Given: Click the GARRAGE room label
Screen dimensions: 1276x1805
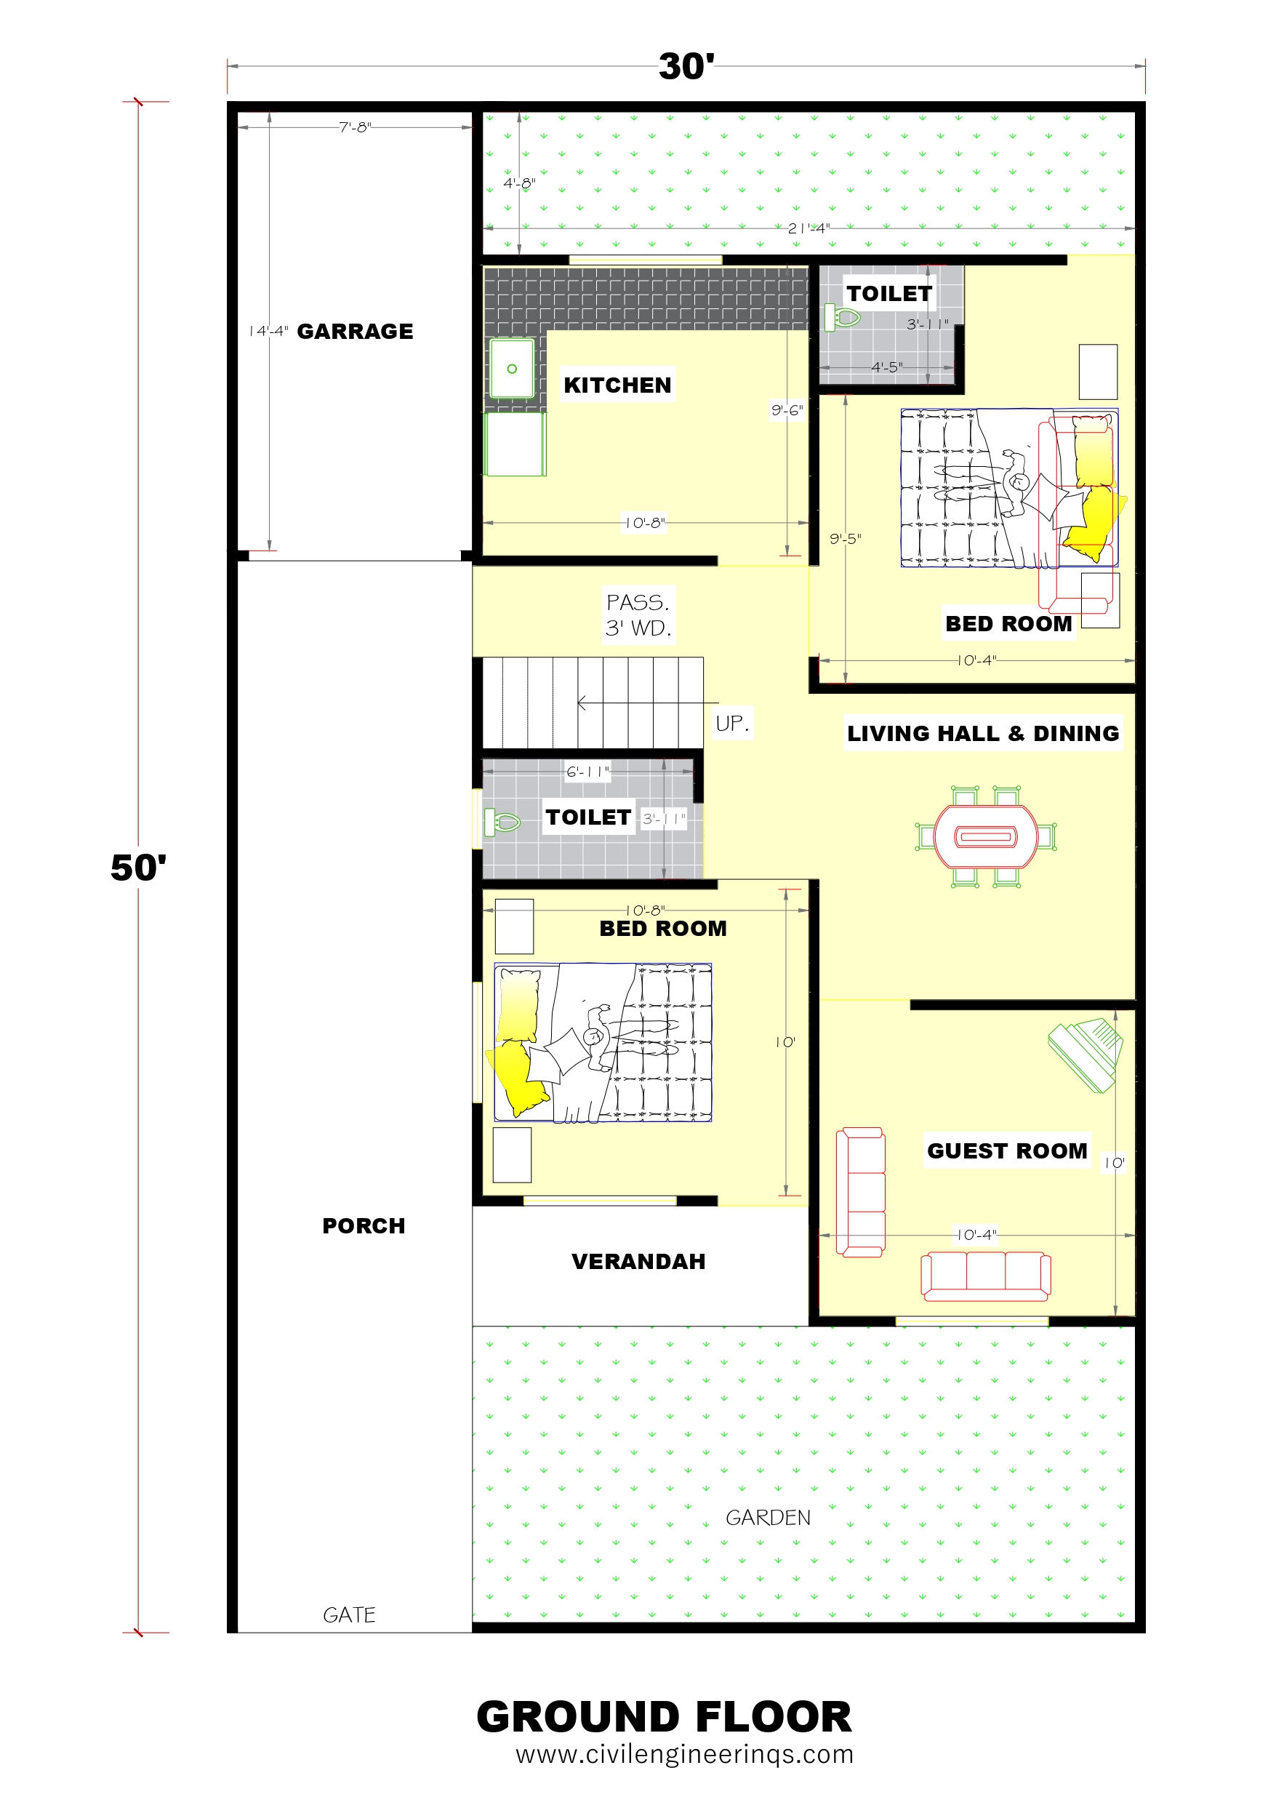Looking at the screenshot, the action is pos(355,331).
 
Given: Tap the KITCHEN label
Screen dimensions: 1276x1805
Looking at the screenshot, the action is pos(617,385).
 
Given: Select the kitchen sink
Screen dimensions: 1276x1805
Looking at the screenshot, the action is pos(512,369).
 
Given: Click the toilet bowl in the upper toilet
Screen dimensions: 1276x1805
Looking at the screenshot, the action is pos(842,318).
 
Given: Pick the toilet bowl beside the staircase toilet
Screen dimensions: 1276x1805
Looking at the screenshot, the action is pos(502,823).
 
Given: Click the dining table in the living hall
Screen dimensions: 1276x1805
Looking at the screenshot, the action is pos(986,836).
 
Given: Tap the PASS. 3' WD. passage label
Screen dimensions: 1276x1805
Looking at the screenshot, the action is pos(638,615).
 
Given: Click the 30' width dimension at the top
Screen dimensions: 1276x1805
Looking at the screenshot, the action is pos(686,66).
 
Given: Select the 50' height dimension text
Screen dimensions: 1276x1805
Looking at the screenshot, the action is pos(138,867).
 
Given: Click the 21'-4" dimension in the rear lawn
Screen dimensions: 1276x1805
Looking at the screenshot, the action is pos(809,228).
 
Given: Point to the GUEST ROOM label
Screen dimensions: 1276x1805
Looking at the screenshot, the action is pos(1007,1150).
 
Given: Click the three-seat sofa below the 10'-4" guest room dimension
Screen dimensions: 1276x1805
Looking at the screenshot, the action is pos(986,1276).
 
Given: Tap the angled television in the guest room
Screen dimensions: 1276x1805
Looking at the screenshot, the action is pos(1086,1054).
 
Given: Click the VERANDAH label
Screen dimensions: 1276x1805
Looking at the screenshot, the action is pos(638,1261).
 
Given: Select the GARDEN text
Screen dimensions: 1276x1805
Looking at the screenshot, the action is pos(767,1517).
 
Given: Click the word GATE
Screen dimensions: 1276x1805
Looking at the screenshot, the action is pos(349,1614).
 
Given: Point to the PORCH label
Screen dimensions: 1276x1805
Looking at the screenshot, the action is pos(364,1225).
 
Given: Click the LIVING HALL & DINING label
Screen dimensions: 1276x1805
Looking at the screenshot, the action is pos(983,733).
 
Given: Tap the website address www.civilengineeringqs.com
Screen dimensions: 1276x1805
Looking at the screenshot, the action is pos(685,1754).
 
